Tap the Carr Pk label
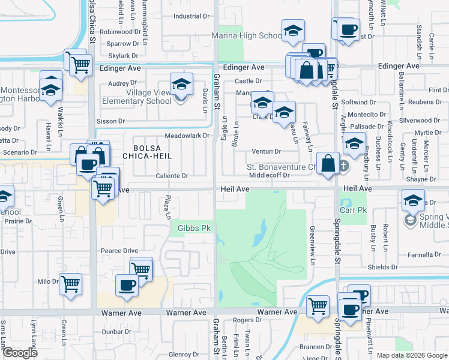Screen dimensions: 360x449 pyautogui.click(x=354, y=211)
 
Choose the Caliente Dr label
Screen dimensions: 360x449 pyautogui.click(x=172, y=176)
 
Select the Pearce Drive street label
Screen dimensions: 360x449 pyautogui.click(x=119, y=251)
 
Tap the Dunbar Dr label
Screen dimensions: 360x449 pyautogui.click(x=116, y=331)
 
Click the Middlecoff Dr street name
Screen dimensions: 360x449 pyautogui.click(x=270, y=176)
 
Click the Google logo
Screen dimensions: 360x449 pyautogui.click(x=19, y=353)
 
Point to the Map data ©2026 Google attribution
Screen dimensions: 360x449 pyautogui.click(x=412, y=355)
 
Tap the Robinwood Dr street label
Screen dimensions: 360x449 pyautogui.click(x=119, y=31)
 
